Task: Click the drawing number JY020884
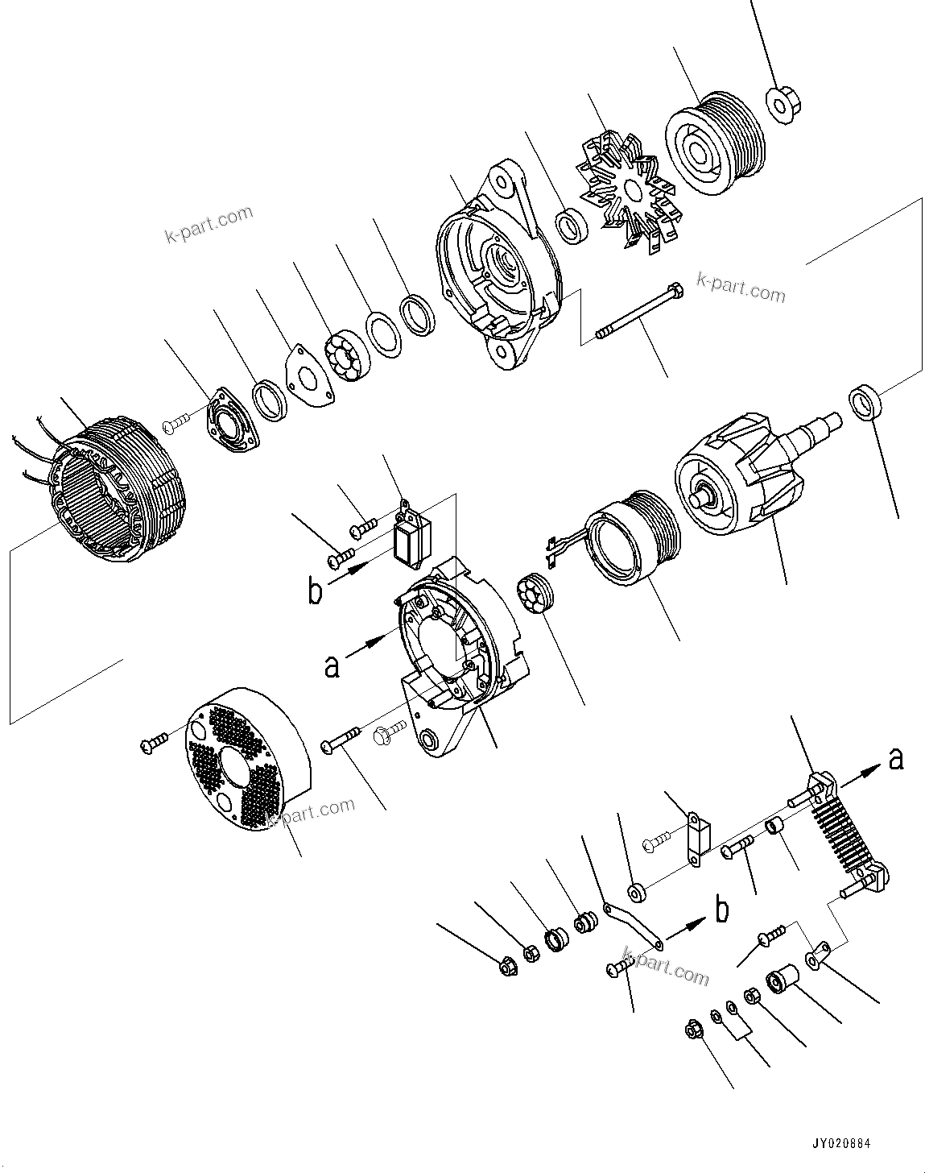click(840, 1142)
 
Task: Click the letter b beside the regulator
click(315, 591)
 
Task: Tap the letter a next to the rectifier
click(895, 758)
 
